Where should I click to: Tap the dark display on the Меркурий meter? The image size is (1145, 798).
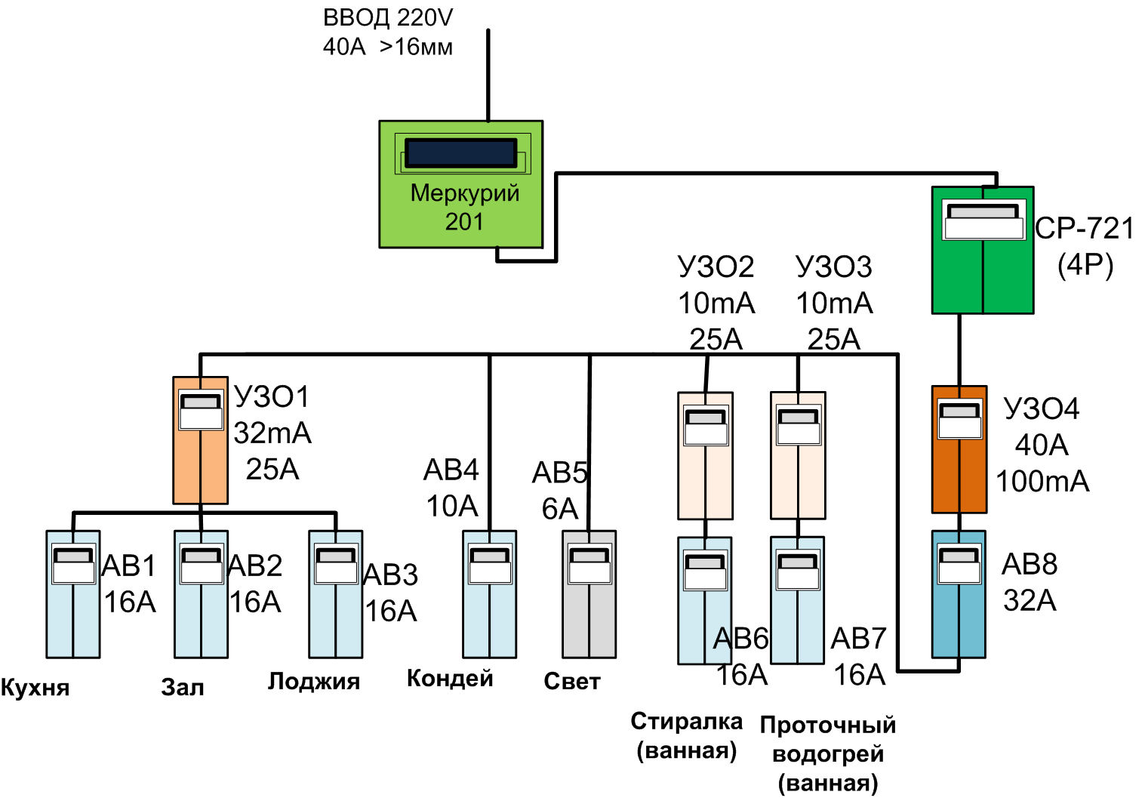click(x=460, y=153)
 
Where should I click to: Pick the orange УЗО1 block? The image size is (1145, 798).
click(x=200, y=461)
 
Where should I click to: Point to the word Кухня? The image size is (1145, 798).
click(x=35, y=688)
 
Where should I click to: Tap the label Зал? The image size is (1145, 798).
click(x=183, y=688)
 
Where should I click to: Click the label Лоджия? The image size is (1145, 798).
click(x=314, y=682)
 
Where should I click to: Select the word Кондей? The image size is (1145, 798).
click(x=450, y=679)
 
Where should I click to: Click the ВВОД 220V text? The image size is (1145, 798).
click(x=388, y=17)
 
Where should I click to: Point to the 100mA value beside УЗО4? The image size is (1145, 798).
click(x=1042, y=481)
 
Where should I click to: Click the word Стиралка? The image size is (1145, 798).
click(x=686, y=722)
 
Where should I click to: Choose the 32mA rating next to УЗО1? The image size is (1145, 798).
click(x=272, y=433)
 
